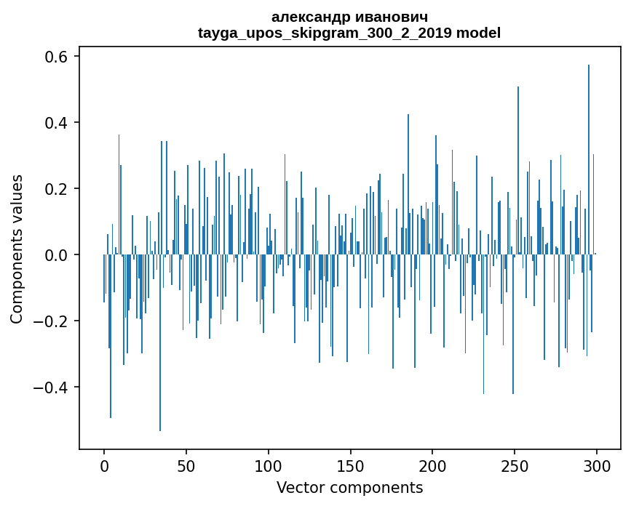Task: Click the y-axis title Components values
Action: point(17,249)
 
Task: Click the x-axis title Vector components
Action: point(349,487)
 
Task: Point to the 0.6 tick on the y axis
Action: point(55,57)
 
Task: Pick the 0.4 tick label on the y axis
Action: point(55,123)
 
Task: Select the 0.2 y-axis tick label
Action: point(55,189)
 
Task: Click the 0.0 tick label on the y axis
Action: point(55,255)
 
